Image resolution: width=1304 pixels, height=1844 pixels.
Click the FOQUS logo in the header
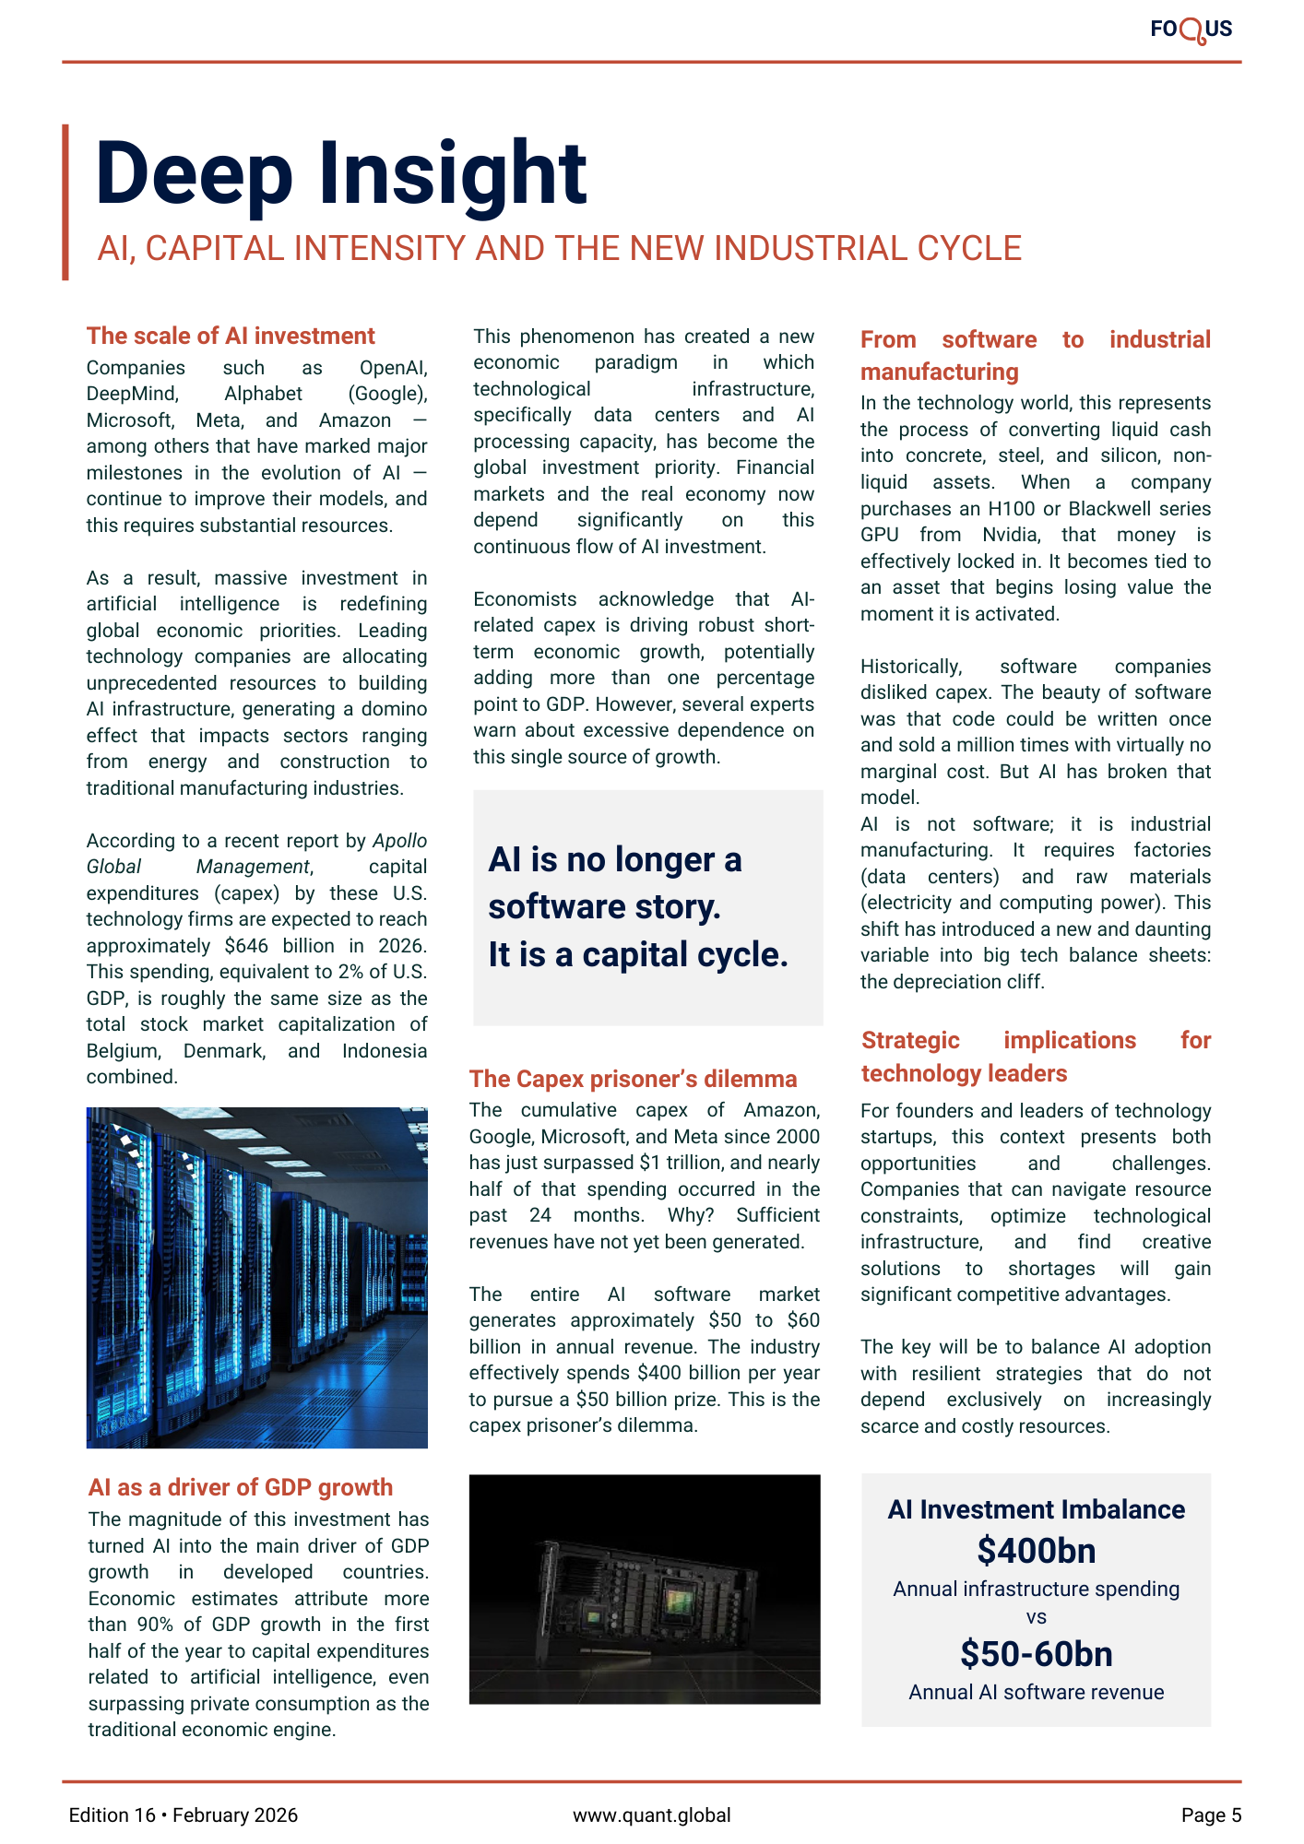pyautogui.click(x=1191, y=30)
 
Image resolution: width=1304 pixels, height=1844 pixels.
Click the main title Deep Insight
pyautogui.click(x=340, y=173)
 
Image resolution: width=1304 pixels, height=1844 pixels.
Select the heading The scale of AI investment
pyautogui.click(x=231, y=336)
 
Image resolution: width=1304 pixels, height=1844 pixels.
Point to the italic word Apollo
pyautogui.click(x=399, y=841)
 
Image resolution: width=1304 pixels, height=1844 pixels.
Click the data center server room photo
pyautogui.click(x=256, y=1277)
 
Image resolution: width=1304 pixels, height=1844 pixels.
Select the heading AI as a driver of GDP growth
pyautogui.click(x=241, y=1487)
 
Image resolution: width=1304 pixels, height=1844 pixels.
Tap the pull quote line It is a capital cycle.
pyautogui.click(x=638, y=955)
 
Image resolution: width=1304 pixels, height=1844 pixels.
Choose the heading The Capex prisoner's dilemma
pyautogui.click(x=633, y=1079)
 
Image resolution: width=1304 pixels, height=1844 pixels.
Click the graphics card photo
pyautogui.click(x=644, y=1589)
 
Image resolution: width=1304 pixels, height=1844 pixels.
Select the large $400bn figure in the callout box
pyautogui.click(x=1036, y=1551)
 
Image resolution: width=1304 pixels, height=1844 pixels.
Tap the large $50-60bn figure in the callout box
pyautogui.click(x=1036, y=1654)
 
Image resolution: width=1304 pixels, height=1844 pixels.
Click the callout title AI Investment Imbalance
pyautogui.click(x=1036, y=1509)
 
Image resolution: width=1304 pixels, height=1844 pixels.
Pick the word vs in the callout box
pyautogui.click(x=1036, y=1617)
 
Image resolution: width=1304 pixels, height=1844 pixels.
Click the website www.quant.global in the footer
pyautogui.click(x=651, y=1815)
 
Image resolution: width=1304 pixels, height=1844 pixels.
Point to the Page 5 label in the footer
pyautogui.click(x=1211, y=1815)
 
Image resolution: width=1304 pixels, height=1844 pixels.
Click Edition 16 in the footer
pyautogui.click(x=113, y=1815)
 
